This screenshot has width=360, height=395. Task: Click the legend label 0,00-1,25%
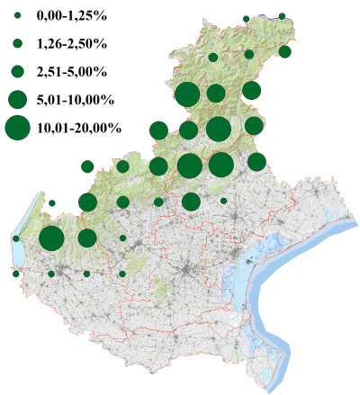click(68, 17)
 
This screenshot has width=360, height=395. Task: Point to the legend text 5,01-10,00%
click(75, 99)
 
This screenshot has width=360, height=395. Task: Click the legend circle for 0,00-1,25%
click(17, 17)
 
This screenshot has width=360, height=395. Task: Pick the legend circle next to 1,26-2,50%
click(17, 43)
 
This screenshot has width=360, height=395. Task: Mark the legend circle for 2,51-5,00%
click(17, 70)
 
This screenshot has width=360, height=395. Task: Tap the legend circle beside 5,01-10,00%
click(17, 99)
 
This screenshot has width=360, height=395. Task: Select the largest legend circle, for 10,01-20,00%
click(17, 129)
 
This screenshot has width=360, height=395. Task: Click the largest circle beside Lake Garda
click(51, 238)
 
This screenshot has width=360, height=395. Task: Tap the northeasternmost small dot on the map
click(283, 16)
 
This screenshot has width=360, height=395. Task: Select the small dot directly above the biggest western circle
click(51, 202)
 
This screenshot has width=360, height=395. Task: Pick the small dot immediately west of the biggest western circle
click(16, 238)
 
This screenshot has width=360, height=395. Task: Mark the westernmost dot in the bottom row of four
click(16, 274)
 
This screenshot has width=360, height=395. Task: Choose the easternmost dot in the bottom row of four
click(122, 274)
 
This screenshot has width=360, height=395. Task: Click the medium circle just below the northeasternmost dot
click(284, 51)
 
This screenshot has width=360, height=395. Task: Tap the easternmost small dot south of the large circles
click(223, 201)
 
